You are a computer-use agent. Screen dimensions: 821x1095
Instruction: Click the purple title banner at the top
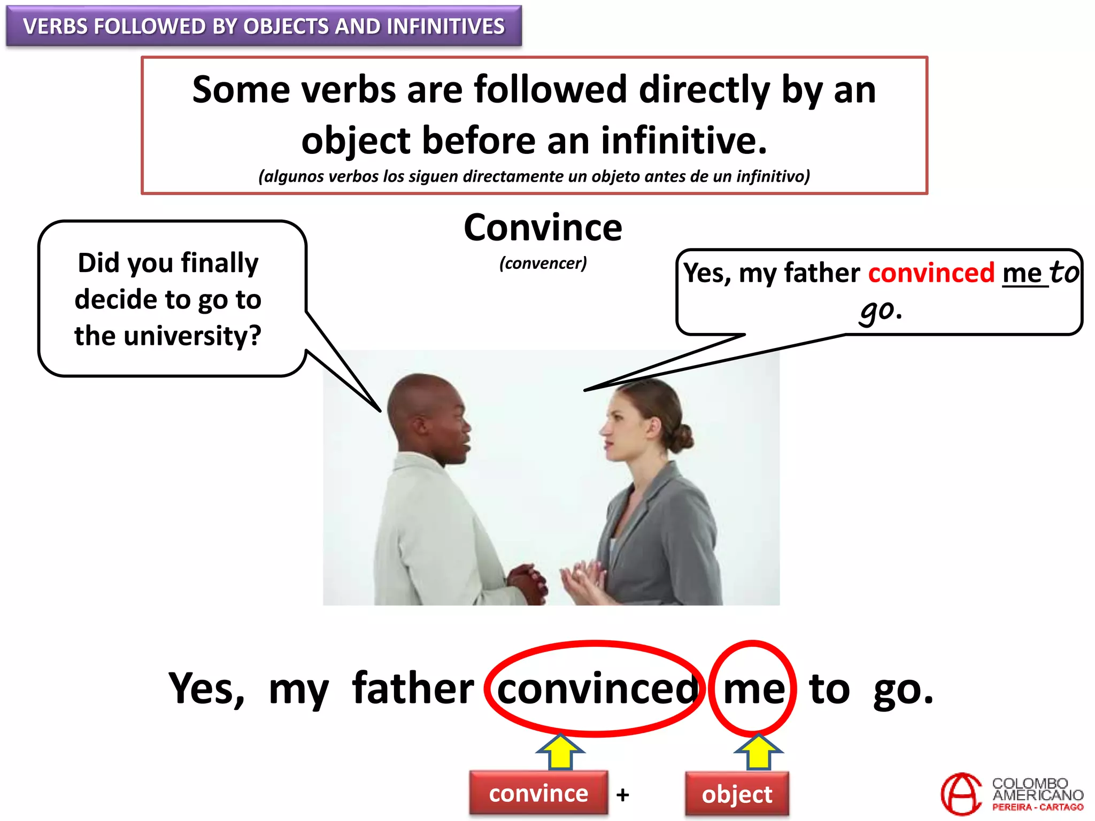pos(264,26)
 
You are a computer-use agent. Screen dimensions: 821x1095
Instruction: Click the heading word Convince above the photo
pos(543,228)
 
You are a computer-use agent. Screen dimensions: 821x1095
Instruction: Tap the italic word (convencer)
pos(543,263)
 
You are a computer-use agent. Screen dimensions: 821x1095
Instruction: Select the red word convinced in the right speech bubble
pos(931,273)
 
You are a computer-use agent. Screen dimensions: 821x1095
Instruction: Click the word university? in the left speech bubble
pos(192,336)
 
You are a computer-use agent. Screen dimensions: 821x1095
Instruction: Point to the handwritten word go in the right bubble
pos(877,310)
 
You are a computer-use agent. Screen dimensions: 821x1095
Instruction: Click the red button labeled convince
pos(538,794)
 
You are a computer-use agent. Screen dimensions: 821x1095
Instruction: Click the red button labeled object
pos(737,794)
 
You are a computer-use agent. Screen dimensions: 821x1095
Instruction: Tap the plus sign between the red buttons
pos(622,795)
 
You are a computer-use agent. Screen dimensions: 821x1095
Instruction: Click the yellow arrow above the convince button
pos(560,751)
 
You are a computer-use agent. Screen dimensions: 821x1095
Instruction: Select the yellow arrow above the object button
pos(758,751)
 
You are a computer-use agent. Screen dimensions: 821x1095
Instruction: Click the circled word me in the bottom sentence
pos(754,689)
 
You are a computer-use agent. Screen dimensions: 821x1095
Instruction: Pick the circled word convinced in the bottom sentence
pos(597,689)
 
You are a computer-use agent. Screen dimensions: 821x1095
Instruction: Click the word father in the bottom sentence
pos(413,689)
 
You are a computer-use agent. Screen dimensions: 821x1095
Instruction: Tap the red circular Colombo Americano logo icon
pos(961,794)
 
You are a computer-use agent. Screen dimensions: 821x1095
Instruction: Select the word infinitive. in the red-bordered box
pos(684,141)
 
